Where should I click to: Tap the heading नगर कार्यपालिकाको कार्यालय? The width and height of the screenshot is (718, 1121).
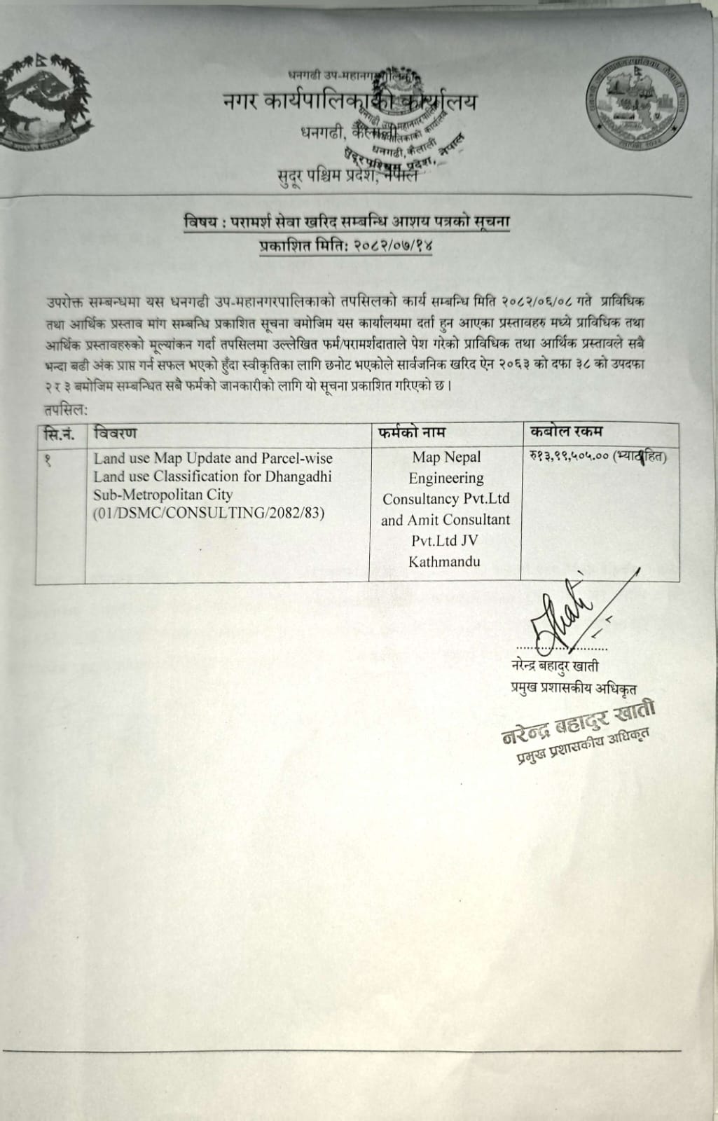click(x=347, y=103)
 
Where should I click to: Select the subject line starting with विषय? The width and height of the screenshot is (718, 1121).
click(x=346, y=223)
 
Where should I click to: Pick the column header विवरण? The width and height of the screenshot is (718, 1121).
click(x=116, y=432)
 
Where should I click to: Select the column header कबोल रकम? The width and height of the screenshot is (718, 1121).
click(x=567, y=432)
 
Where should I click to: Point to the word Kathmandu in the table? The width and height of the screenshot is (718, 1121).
click(x=445, y=562)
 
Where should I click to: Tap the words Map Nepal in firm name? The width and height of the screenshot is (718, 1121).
click(x=446, y=457)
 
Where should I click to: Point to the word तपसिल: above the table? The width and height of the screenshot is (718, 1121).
click(x=64, y=410)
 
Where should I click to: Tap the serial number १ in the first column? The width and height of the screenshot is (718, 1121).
click(x=48, y=459)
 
